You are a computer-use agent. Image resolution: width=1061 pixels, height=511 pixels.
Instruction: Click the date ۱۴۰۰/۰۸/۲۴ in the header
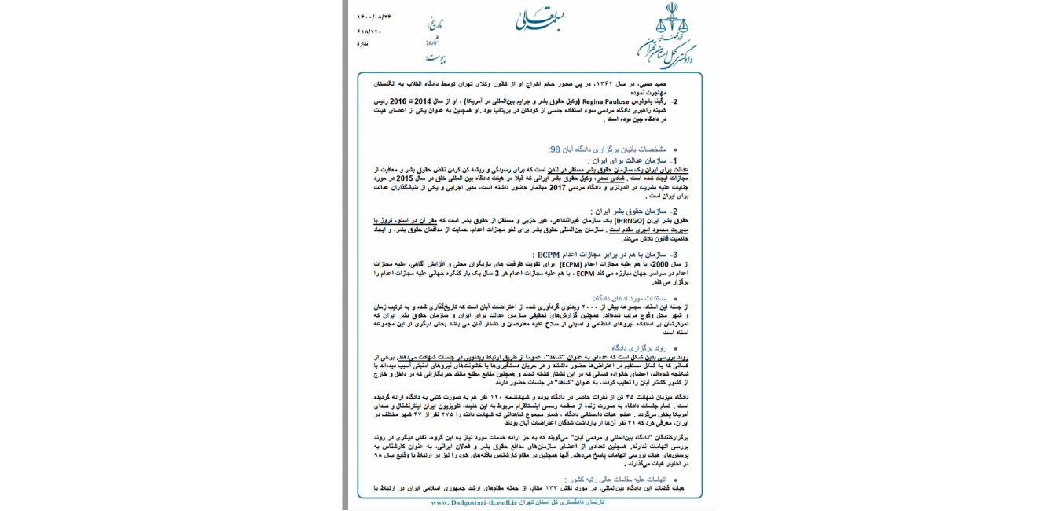[x=373, y=17]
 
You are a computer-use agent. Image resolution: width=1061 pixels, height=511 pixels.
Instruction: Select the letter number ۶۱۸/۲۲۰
[x=369, y=31]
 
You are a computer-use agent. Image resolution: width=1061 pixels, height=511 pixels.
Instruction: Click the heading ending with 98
[x=607, y=149]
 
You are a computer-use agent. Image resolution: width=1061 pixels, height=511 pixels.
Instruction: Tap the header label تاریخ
[x=435, y=24]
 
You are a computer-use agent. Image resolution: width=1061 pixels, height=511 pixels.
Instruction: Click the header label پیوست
[x=435, y=57]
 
